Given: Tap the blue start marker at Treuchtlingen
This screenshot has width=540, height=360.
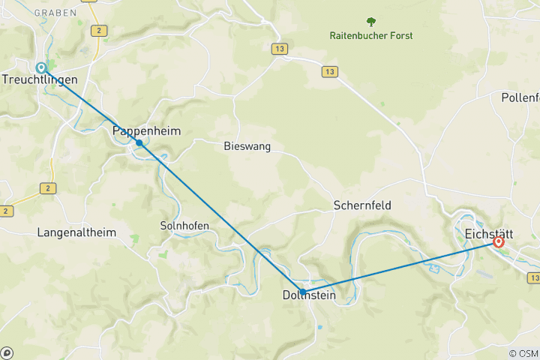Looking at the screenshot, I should point(42,67).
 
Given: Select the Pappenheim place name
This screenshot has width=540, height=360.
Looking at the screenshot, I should point(146,130).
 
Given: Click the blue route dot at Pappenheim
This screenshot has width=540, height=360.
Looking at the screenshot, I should point(139,142).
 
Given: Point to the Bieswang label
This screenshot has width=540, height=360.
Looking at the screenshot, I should point(247,146).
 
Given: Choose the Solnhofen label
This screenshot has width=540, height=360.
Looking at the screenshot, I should point(182,225).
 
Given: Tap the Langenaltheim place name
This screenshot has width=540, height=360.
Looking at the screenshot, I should point(76,232).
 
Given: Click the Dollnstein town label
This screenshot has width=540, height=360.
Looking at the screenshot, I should point(309,296).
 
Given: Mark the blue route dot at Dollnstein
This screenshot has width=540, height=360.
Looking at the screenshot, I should point(302,292).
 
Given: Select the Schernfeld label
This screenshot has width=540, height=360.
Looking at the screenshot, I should point(362,205).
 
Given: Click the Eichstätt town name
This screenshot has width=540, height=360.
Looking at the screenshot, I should point(493,232).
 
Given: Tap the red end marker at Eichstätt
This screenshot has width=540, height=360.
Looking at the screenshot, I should point(499,242).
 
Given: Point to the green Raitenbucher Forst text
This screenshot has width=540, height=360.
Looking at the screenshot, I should point(370,35).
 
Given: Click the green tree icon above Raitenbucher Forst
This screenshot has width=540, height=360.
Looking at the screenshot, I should point(370,22).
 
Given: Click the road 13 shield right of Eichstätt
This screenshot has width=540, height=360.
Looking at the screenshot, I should point(534,277).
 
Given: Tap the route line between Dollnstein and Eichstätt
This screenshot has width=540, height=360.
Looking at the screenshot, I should point(400,267).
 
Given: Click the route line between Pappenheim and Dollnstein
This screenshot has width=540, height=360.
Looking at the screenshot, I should point(221,217).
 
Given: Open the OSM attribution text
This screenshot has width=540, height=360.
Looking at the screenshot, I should point(523,353).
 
